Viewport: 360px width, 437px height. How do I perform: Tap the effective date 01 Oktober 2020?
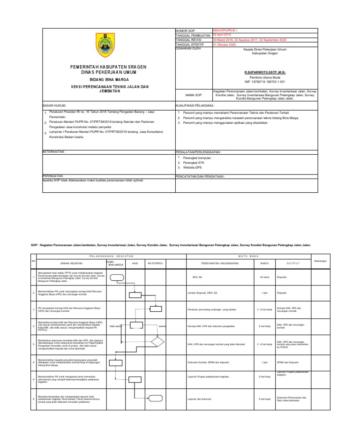[225, 44]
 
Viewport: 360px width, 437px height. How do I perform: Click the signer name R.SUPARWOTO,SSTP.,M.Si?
[262, 72]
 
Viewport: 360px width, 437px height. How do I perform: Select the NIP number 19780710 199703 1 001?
[262, 81]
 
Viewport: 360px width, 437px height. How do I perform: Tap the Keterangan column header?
[321, 261]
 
